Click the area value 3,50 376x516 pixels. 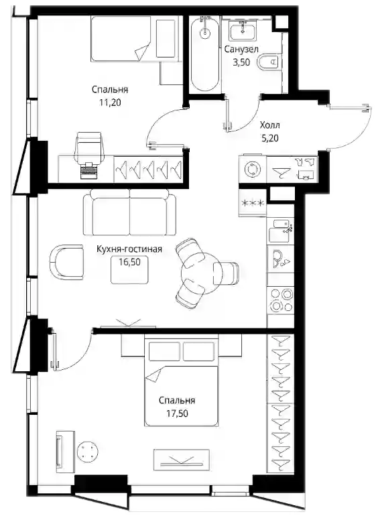tap(241, 62)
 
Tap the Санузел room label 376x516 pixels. tap(241, 50)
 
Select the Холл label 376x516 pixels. tap(269, 125)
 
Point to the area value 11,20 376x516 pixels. tap(110, 103)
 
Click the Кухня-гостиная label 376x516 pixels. tap(129, 249)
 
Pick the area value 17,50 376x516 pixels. tap(177, 413)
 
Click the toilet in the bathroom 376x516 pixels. tap(270, 62)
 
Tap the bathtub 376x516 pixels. tap(205, 54)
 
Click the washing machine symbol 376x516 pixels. tap(253, 169)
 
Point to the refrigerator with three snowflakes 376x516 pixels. tap(253, 202)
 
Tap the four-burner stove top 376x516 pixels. tap(281, 300)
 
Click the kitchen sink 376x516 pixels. tap(281, 231)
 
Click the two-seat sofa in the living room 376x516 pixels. tap(129, 212)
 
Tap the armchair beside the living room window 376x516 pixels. tap(67, 262)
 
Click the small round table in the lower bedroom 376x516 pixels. tap(88, 451)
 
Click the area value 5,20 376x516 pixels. tap(270, 138)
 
